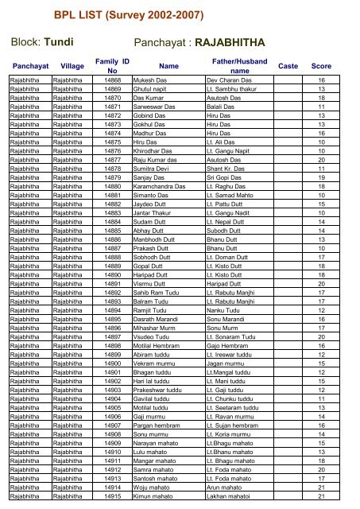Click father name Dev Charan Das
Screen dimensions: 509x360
coord(230,81)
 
